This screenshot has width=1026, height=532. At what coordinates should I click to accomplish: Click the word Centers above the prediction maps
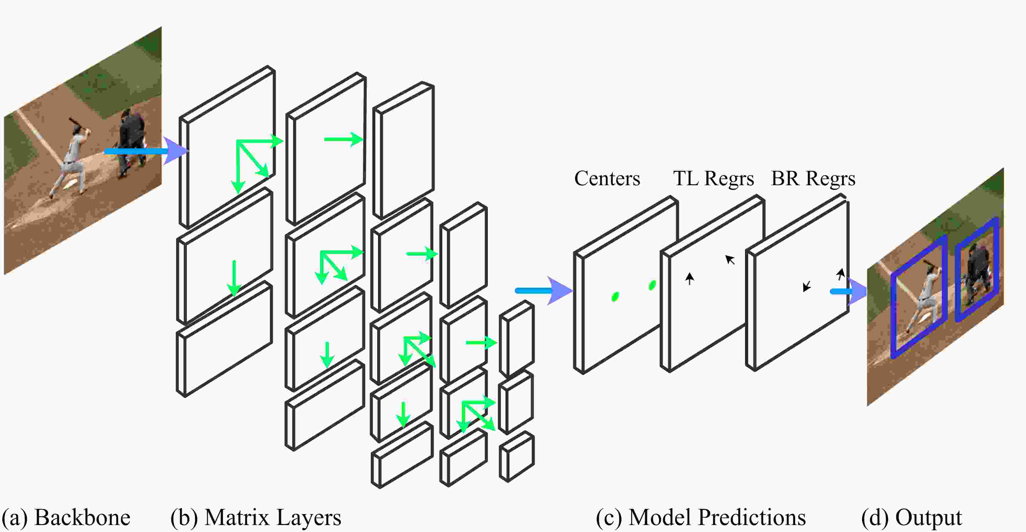tap(607, 178)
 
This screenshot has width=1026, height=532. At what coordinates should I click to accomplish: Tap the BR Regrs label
tap(813, 178)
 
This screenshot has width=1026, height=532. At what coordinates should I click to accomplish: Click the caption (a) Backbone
tap(66, 517)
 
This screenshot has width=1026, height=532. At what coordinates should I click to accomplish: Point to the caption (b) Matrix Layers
tap(256, 517)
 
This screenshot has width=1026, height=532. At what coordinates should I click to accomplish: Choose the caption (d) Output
tap(911, 517)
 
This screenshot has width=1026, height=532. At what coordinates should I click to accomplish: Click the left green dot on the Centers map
tap(615, 296)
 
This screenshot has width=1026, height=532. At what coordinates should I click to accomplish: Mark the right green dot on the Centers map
tap(652, 285)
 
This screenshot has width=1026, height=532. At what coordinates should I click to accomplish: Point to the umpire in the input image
tap(132, 139)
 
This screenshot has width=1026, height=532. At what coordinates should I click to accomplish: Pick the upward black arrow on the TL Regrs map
tap(689, 278)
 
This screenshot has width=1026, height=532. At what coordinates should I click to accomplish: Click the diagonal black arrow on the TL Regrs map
tap(730, 260)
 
